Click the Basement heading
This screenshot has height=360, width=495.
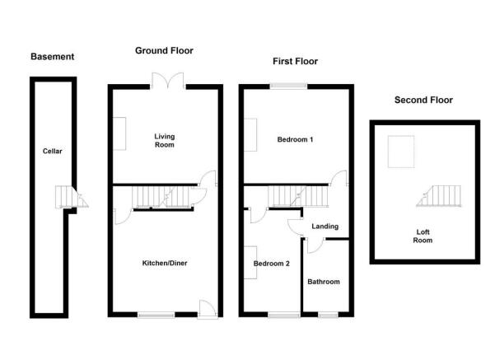pos(53,57)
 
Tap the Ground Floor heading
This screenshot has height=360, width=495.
pos(164,50)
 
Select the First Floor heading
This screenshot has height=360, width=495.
pos(295,61)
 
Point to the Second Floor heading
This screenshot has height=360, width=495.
pos(423,101)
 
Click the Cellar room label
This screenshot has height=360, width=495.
pos(53,152)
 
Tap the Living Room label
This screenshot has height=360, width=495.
pos(165,141)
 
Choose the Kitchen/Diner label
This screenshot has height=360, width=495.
pos(165,263)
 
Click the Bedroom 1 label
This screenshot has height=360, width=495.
pos(295,139)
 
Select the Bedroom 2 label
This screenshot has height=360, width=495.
pos(272,264)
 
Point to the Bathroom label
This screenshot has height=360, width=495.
pos(324,282)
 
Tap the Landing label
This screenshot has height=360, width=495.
pos(325,227)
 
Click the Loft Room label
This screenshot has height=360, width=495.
pos(423,236)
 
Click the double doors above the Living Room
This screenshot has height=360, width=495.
pos(168,81)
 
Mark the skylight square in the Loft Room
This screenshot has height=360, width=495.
pos(401,152)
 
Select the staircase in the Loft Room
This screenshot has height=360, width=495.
pos(439,196)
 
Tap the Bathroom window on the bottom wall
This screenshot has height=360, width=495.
pos(328,315)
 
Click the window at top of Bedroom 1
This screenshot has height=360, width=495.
pos(288,86)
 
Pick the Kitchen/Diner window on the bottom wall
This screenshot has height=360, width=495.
pos(156,315)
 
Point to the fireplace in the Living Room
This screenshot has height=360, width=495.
pos(119,133)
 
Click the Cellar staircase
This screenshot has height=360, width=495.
pos(72,197)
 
